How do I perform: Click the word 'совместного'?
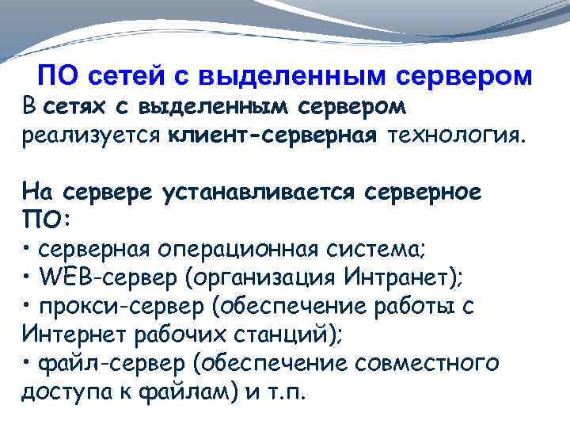[x=426, y=363]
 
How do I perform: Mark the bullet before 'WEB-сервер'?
[x=27, y=277]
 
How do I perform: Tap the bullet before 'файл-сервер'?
[x=27, y=363]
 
